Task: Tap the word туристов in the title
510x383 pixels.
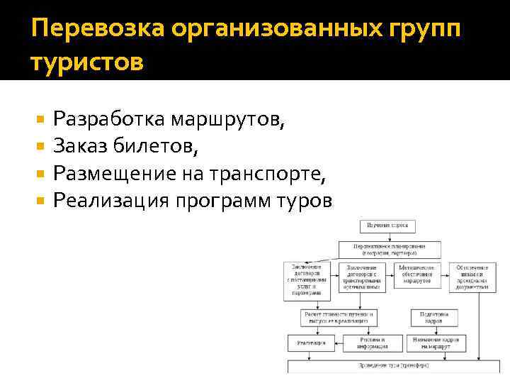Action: point(87,62)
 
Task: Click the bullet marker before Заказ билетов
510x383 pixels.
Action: point(41,145)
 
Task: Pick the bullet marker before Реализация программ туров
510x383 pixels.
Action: point(41,201)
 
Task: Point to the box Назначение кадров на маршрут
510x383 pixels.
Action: point(439,343)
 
